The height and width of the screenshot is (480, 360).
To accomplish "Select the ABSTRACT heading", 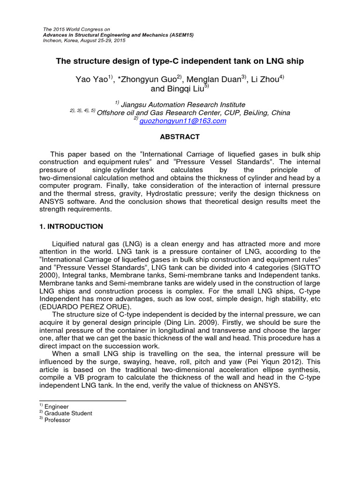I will (180, 137).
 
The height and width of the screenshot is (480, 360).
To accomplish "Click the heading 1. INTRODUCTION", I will (70, 226).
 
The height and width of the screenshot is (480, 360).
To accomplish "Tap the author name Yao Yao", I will (91, 79).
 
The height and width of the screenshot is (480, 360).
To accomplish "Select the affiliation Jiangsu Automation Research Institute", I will (183, 105).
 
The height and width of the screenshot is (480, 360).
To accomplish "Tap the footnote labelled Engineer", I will (57, 407).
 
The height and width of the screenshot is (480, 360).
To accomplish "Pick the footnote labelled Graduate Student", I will (68, 413).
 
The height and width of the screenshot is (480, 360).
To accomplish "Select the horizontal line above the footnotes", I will (82, 401).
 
